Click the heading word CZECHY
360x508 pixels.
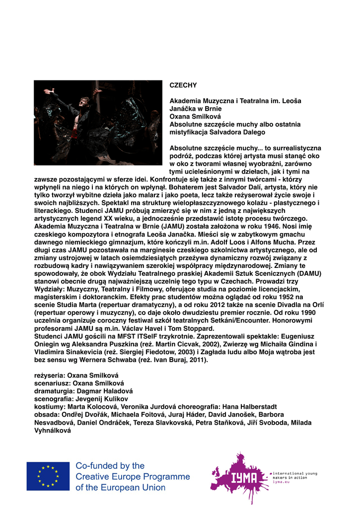[x=183, y=85]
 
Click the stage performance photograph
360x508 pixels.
[x=97, y=123]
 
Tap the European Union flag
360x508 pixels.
[x=48, y=476]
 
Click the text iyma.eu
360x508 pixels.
[x=281, y=482]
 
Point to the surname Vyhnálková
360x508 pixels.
[x=52, y=430]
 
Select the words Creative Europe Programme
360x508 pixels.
[x=133, y=477]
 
